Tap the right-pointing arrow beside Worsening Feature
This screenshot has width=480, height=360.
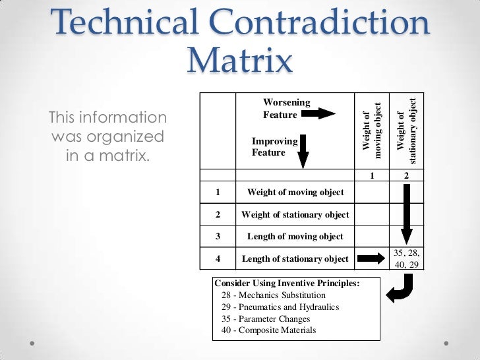click(320, 114)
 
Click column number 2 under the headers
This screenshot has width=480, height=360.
click(407, 176)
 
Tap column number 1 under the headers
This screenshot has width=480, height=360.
click(372, 176)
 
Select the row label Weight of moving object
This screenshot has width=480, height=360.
click(295, 193)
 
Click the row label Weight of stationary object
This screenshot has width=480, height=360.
click(295, 214)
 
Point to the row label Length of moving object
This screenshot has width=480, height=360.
click(295, 236)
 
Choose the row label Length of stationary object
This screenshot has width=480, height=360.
click(295, 258)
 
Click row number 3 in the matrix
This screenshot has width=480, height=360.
click(218, 236)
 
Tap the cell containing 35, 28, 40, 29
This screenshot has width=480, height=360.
click(407, 258)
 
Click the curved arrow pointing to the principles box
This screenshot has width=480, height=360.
click(400, 288)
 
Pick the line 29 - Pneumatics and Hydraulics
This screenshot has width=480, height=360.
click(280, 307)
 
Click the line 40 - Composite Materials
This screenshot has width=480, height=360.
click(269, 330)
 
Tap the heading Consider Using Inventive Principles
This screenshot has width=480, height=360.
click(287, 284)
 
